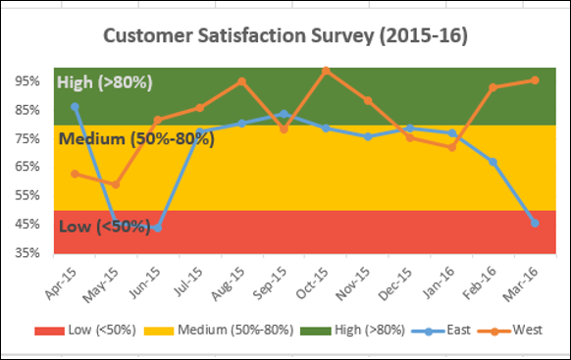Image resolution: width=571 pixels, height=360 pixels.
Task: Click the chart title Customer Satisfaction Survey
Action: [x=285, y=36]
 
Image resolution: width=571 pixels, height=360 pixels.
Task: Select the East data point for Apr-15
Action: [x=76, y=106]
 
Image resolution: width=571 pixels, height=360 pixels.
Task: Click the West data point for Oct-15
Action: [x=326, y=71]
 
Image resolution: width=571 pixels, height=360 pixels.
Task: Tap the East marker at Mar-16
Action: [x=535, y=223]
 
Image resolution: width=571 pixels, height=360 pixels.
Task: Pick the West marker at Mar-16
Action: [x=535, y=80]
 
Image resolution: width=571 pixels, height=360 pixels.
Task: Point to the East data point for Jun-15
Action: [x=158, y=228]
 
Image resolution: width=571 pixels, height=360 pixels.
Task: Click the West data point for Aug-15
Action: [x=241, y=81]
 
